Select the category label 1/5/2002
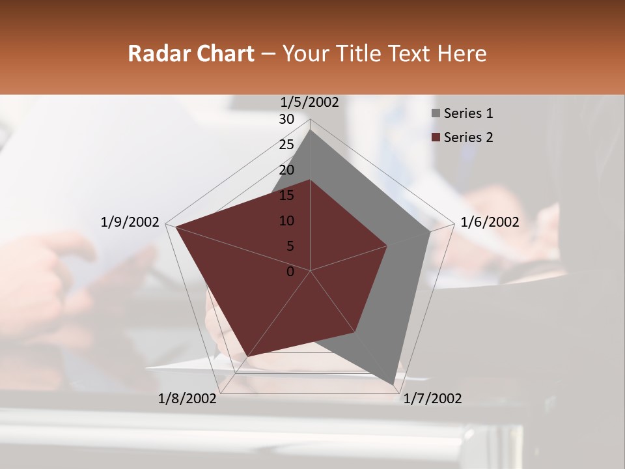pos(309,102)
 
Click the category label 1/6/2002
pos(490,222)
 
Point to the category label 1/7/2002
pos(432,399)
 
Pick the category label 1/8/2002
pos(187,399)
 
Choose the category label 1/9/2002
pos(130,222)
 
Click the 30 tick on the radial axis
pos(286,119)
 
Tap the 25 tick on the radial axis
pos(286,145)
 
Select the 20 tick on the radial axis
pos(286,170)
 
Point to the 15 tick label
pos(286,195)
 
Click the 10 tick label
pos(286,221)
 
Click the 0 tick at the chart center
pos(290,272)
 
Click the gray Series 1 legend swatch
pos(436,114)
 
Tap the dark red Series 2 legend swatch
pos(436,137)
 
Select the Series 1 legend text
pos(468,113)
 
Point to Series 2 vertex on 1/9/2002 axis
pos(174,226)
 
